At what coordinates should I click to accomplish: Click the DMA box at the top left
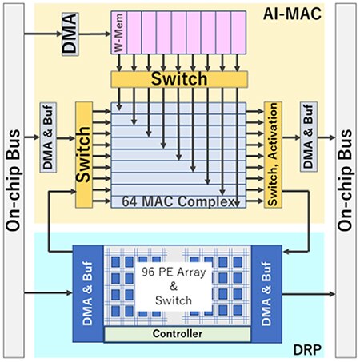(70, 34)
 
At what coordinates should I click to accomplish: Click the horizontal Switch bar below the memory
(180, 79)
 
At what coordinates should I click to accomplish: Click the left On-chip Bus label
(13, 181)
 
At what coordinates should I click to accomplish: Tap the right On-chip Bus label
(346, 181)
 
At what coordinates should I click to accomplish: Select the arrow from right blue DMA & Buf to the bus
(312, 294)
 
